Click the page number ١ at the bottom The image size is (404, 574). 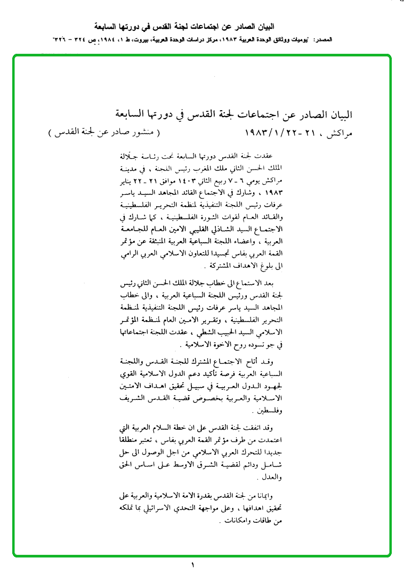pos(193,565)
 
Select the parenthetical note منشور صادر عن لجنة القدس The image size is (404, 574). pos(102,132)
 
